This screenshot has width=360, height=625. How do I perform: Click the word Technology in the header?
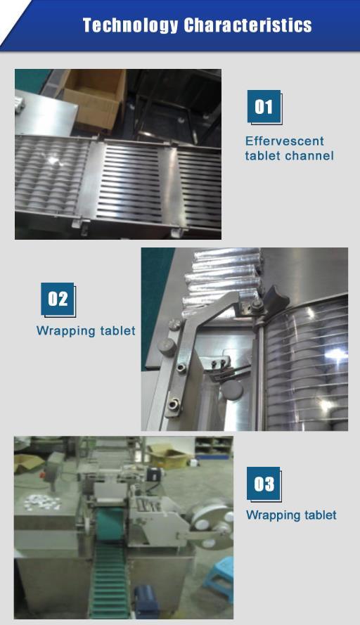[130, 25]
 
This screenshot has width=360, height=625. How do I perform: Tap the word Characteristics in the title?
[247, 25]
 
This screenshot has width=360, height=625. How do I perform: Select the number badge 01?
[264, 107]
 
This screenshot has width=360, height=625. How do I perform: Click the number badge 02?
[58, 299]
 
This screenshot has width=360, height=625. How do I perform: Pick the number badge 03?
[264, 484]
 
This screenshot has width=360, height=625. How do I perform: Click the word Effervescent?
[284, 141]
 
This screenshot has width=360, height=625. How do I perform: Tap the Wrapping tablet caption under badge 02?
[86, 330]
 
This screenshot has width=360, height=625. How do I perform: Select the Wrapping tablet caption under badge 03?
[291, 515]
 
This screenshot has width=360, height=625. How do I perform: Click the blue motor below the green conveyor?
[146, 602]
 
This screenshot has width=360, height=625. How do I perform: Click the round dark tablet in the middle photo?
[232, 389]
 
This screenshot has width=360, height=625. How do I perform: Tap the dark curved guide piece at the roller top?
[274, 298]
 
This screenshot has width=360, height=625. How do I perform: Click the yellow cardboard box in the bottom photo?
[169, 456]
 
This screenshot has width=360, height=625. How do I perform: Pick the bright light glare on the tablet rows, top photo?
[53, 160]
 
